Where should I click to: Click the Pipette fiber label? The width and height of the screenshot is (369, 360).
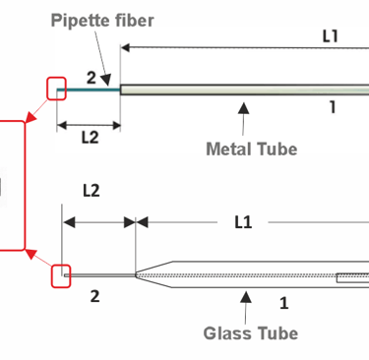(102, 21)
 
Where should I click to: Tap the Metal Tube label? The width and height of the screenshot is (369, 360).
(252, 149)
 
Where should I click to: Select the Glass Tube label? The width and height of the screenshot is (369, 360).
(251, 333)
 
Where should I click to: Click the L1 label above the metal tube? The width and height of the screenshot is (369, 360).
(330, 36)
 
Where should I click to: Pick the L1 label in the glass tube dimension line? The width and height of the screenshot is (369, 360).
(243, 222)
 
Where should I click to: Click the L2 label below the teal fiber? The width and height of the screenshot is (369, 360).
(90, 138)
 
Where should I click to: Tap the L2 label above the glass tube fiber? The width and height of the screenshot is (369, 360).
(92, 191)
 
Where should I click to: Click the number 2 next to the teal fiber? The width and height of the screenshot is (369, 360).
(92, 78)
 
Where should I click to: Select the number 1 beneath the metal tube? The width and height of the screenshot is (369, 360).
(333, 107)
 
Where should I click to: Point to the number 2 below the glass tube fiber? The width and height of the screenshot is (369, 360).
(94, 296)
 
